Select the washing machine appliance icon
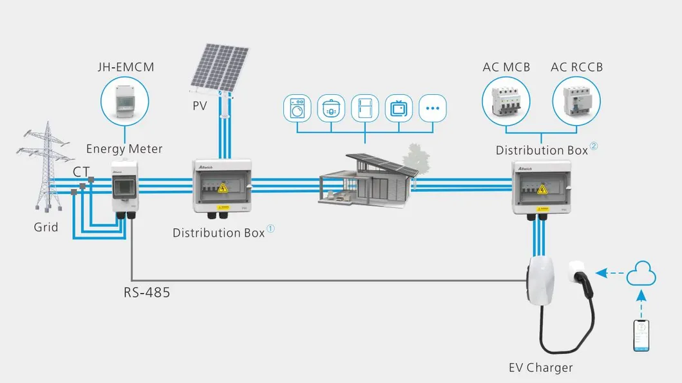298,108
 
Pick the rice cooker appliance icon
331,108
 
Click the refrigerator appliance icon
365,108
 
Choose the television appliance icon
399,108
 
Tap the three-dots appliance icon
432,108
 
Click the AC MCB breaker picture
506,101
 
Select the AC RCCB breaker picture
576,101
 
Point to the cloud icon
641,273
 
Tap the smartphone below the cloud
641,334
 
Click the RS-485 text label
147,292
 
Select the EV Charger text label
540,368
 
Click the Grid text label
46,227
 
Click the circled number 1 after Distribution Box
270,229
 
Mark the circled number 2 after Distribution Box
594,146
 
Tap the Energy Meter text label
124,149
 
